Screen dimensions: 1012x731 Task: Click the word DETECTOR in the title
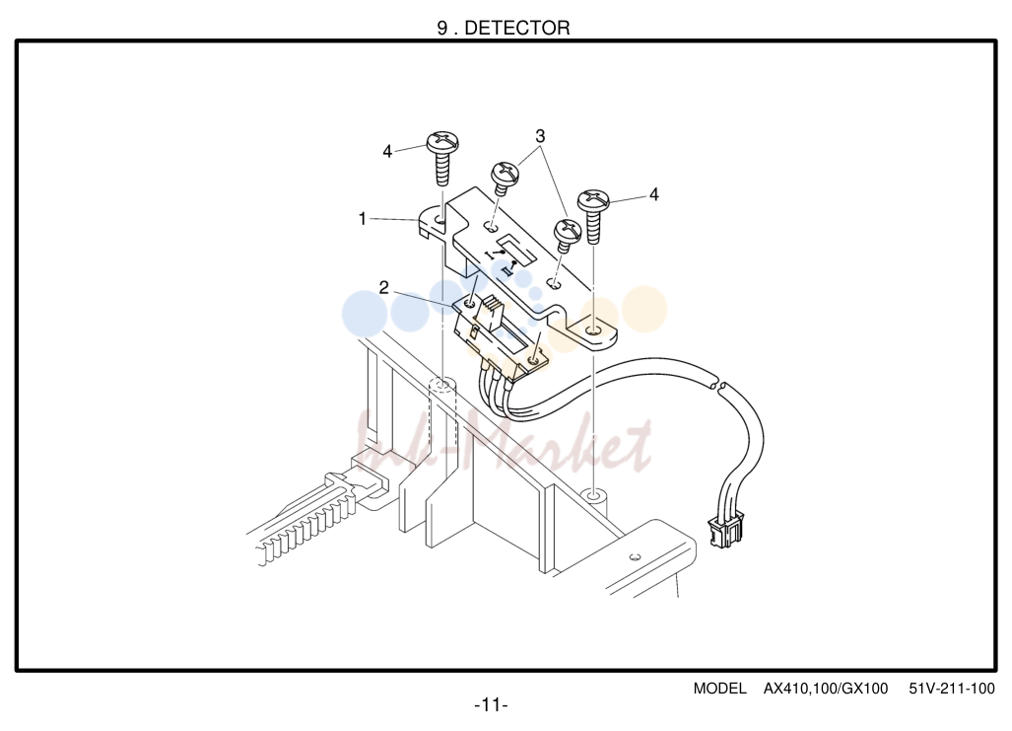pos(517,28)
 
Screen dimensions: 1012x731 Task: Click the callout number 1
pos(362,219)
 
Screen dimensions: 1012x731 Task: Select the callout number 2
pos(383,288)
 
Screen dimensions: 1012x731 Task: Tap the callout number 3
pos(540,136)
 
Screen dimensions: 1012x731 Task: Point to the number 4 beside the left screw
pos(387,151)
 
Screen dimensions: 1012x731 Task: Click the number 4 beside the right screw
pos(653,194)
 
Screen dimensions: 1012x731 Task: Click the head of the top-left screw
pos(442,141)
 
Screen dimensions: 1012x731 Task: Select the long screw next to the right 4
pos(594,216)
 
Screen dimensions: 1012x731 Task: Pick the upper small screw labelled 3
pos(506,178)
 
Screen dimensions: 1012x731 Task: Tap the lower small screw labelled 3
pos(568,236)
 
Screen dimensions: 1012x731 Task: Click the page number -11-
pos(491,704)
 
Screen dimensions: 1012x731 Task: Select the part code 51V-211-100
pos(952,689)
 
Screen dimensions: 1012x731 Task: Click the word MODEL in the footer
pos(719,689)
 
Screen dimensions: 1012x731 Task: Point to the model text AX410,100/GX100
pos(826,689)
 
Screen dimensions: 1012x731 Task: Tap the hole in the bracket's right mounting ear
pos(594,332)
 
